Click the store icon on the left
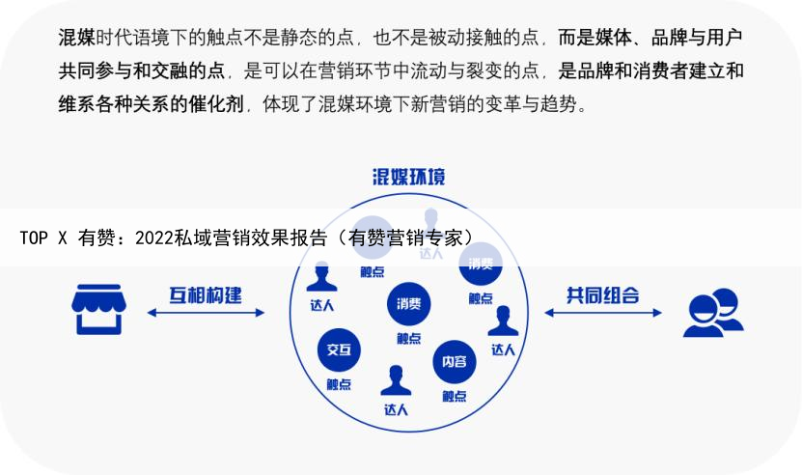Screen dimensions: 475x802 (x=98, y=309)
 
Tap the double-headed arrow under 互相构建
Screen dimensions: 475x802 (x=206, y=313)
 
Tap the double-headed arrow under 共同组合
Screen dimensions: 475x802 (x=603, y=313)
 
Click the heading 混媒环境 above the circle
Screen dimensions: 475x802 (x=409, y=178)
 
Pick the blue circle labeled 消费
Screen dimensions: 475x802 (x=408, y=304)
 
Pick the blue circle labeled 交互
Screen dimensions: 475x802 (x=339, y=349)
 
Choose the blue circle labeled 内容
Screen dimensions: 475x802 (x=454, y=361)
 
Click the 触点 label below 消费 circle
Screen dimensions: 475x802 (x=408, y=338)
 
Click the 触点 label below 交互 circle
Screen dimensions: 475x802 (x=339, y=383)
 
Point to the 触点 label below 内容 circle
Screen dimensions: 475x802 (x=454, y=396)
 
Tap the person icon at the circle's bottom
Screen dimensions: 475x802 (x=396, y=380)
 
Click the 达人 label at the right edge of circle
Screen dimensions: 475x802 (x=503, y=349)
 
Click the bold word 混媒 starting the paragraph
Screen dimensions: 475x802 (x=76, y=39)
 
